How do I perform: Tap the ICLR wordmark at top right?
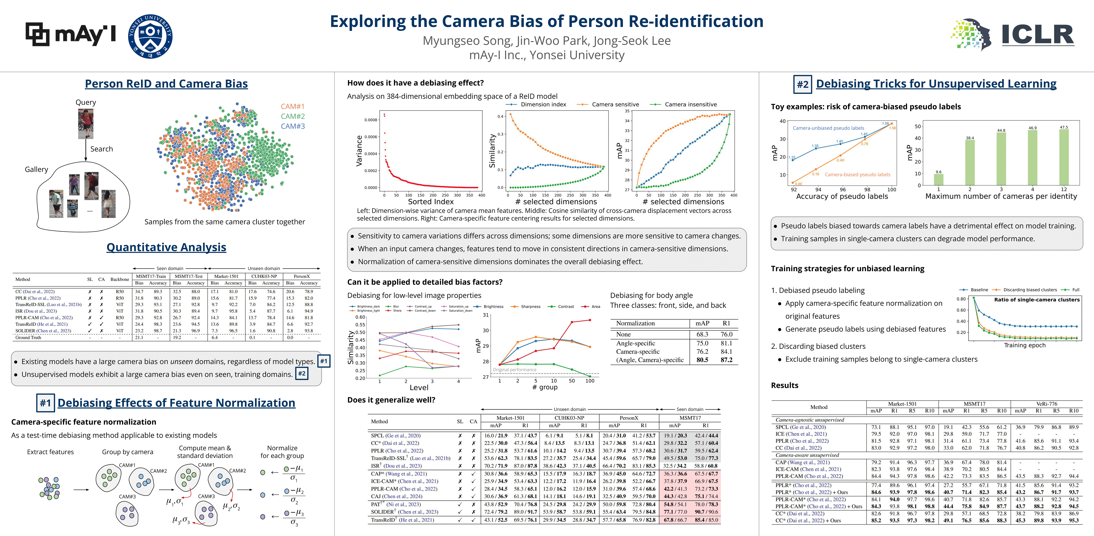coord(1038,35)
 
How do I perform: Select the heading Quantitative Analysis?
coord(166,247)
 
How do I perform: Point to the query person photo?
coord(85,124)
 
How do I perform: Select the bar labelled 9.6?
coord(939,179)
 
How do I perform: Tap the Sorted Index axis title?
coord(431,202)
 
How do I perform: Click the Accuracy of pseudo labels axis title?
coord(842,196)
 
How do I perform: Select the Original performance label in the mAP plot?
coord(514,370)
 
